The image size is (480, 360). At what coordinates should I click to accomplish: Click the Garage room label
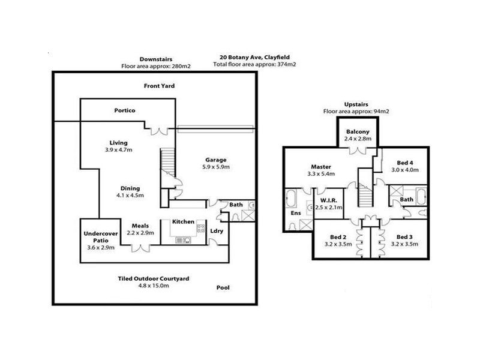click(x=216, y=160)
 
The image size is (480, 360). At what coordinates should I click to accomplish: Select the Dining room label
click(x=130, y=187)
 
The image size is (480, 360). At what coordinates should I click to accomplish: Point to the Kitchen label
click(x=183, y=221)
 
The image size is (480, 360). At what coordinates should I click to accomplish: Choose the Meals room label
click(x=140, y=226)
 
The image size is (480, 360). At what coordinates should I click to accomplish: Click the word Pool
click(x=223, y=288)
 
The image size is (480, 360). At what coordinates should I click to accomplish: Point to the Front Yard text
click(x=159, y=86)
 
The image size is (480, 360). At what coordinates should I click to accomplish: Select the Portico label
click(x=125, y=111)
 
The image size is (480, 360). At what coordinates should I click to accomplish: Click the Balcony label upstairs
click(x=358, y=131)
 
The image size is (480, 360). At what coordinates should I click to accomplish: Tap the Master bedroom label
click(x=322, y=167)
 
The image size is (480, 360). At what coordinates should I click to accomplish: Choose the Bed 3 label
click(x=405, y=236)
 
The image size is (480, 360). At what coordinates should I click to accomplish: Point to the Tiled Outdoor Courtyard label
click(x=154, y=278)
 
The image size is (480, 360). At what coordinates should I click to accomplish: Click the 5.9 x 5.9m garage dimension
click(x=216, y=167)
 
